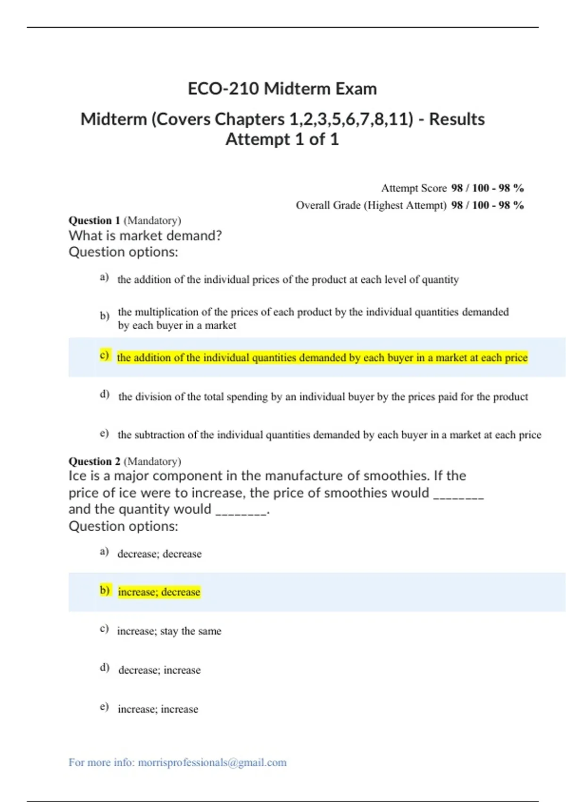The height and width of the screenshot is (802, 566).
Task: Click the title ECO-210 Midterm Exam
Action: [x=282, y=89]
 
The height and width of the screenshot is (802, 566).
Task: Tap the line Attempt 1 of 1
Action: [x=282, y=139]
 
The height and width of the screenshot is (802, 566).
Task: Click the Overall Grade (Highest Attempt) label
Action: [x=371, y=205]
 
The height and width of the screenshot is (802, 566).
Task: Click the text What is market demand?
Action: [x=145, y=235]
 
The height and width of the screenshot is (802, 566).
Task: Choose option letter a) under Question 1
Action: [x=104, y=277]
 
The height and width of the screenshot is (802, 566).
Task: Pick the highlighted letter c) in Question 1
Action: [x=104, y=355]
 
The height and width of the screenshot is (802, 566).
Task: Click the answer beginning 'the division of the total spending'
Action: [x=323, y=397]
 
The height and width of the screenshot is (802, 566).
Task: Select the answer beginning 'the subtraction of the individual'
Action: [x=329, y=435]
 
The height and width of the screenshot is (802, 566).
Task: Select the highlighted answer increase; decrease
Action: [x=159, y=592]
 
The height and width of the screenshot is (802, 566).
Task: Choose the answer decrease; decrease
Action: [x=159, y=554]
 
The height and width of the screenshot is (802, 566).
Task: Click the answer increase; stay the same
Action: [x=169, y=631]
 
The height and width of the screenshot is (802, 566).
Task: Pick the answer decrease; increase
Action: [x=159, y=670]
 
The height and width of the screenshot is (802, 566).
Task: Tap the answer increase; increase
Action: [x=158, y=709]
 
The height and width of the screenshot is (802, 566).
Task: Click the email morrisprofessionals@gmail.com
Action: [x=212, y=762]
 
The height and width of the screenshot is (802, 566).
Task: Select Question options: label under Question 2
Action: [x=123, y=526]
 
